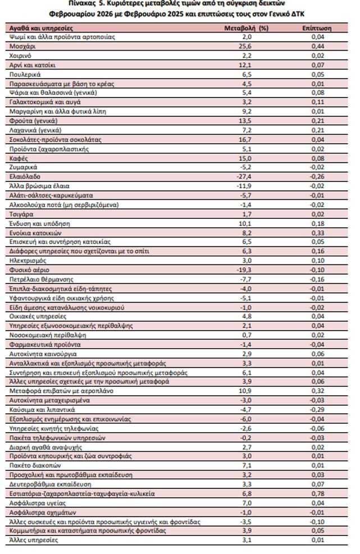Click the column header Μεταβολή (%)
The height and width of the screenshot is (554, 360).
point(246,28)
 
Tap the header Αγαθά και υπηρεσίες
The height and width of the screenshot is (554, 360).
point(42,28)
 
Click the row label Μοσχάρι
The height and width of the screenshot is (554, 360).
point(22,46)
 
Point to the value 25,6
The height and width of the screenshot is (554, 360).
point(246,46)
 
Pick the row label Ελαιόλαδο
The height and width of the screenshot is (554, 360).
point(25,176)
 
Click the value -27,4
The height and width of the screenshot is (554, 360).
point(246,176)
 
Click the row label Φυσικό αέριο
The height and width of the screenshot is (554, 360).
point(29,269)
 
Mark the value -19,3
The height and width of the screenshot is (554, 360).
point(246,269)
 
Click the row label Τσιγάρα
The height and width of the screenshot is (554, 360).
point(22,214)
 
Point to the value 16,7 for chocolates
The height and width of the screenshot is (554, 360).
point(246,139)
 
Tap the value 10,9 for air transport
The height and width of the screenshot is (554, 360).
point(246,391)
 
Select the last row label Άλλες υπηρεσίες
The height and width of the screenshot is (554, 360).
point(34,540)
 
